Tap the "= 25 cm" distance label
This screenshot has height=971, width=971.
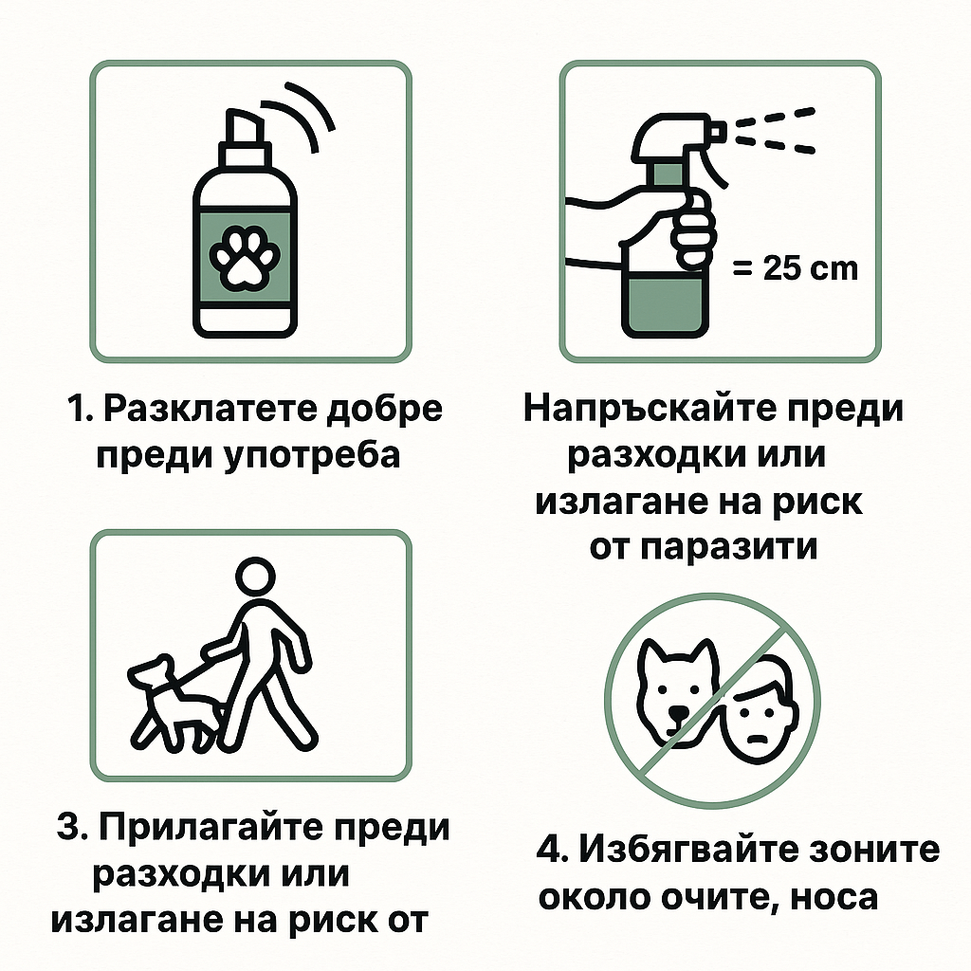(x=796, y=268)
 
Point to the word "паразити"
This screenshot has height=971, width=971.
(x=728, y=548)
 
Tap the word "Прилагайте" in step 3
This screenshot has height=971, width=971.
(x=211, y=829)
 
